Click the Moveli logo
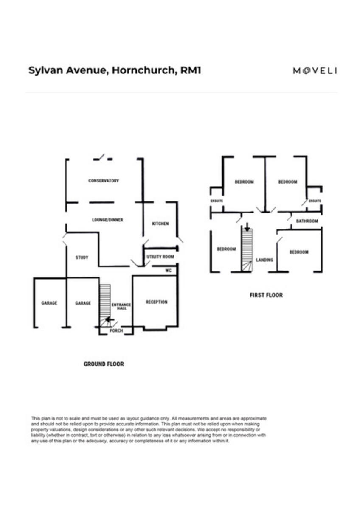[315, 71]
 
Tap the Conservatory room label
[104, 181]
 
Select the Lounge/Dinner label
[107, 220]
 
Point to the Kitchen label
[160, 224]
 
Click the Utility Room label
[160, 257]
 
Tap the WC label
[168, 270]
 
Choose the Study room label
[82, 257]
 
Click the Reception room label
[157, 302]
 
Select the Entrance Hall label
[121, 306]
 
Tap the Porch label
[116, 330]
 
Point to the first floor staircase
[247, 250]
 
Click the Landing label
[264, 260]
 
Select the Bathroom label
[307, 221]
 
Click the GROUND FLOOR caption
[104, 364]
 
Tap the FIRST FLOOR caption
[266, 295]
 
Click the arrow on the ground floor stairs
[109, 319]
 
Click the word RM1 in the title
[191, 70]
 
